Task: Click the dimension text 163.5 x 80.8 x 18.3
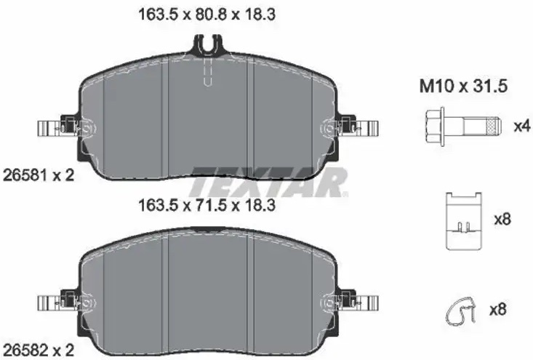pyautogui.click(x=207, y=15)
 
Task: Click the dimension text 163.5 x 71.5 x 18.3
pyautogui.click(x=207, y=205)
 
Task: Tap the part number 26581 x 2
pyautogui.click(x=39, y=175)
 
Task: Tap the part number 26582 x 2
pyautogui.click(x=39, y=349)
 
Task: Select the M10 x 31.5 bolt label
pyautogui.click(x=464, y=86)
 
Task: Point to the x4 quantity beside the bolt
pyautogui.click(x=522, y=127)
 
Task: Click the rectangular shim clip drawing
pyautogui.click(x=464, y=220)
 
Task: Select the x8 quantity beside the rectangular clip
pyautogui.click(x=502, y=219)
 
